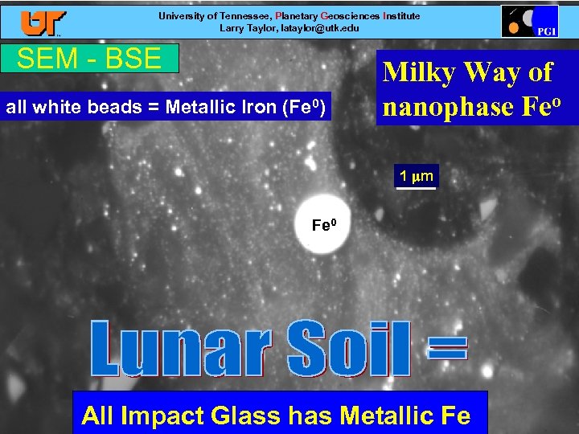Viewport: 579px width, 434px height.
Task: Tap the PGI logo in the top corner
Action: click(529, 21)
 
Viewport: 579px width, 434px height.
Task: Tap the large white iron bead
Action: click(323, 223)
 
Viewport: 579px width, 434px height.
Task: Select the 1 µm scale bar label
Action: click(417, 176)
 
